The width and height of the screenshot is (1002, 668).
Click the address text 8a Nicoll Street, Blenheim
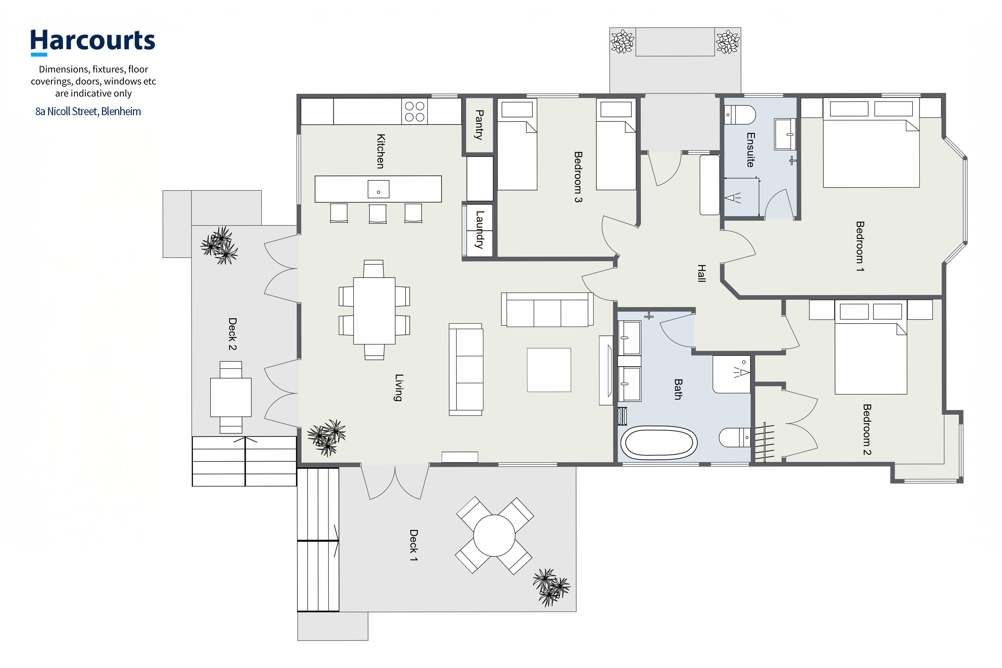pos(88,112)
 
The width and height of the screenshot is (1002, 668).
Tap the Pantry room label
pos(479,125)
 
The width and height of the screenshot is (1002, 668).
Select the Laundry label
pos(480,230)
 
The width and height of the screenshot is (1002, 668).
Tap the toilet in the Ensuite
pos(740,115)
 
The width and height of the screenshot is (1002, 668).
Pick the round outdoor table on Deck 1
pos(494,536)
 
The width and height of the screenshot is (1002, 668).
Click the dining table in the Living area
pos(374,311)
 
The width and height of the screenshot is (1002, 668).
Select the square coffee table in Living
pos(549,370)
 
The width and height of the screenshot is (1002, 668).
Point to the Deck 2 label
pos(232,334)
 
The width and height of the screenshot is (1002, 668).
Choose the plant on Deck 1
pos(551,587)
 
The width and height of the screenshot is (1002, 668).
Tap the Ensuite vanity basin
pos(785,134)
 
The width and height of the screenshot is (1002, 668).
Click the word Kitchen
pos(381,151)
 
